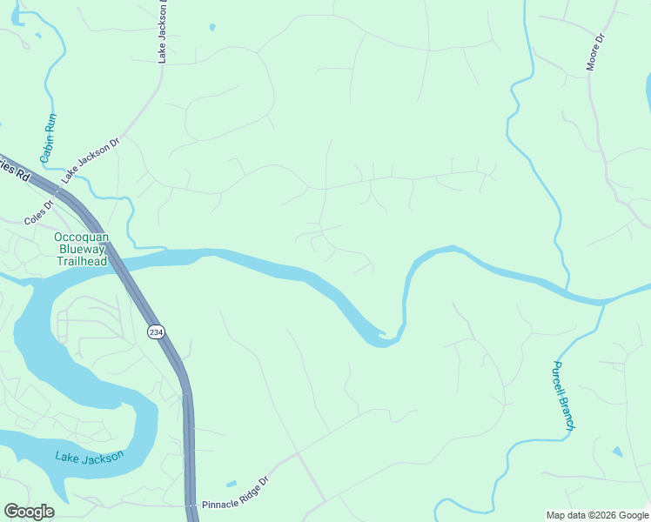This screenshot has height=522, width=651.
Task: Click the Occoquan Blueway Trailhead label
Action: (82, 249)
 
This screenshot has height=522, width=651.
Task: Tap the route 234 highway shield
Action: (155, 332)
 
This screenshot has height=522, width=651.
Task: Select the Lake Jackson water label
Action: (89, 457)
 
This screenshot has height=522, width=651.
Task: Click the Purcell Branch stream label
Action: (564, 396)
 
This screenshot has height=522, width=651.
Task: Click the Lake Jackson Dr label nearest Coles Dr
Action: (89, 160)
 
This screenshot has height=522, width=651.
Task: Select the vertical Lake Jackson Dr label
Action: (162, 31)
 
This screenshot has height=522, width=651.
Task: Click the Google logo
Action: (29, 512)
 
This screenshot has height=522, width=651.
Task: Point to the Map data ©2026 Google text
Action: (597, 515)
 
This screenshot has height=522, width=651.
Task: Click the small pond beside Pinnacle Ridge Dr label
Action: (230, 484)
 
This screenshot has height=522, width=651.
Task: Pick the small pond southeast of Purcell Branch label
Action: (617, 452)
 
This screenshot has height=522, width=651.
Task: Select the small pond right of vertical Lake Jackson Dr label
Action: (212, 27)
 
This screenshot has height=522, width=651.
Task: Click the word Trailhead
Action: (82, 261)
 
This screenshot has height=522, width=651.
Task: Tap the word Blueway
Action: (82, 249)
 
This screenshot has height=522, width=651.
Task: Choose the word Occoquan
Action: (82, 237)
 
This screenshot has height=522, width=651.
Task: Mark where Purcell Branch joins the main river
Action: (601, 303)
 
